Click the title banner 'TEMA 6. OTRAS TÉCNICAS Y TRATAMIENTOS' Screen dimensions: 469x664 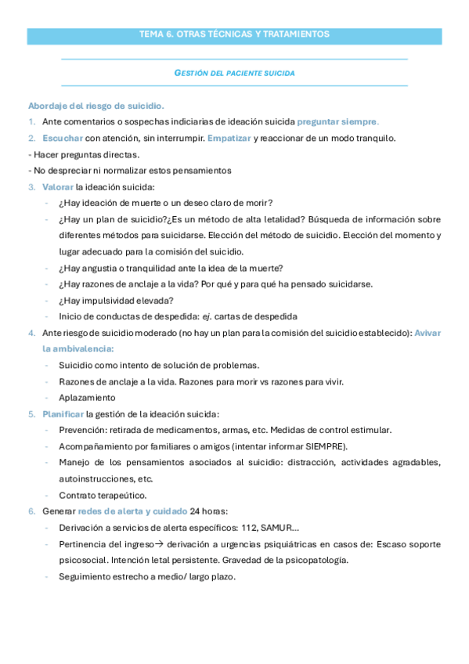click(234, 35)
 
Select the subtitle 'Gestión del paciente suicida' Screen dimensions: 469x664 click(234, 73)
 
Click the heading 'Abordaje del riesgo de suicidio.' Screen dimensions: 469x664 click(96, 106)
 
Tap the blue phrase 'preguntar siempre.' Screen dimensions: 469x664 click(338, 121)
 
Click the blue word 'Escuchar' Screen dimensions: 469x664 click(63, 138)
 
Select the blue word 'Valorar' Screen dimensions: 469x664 click(58, 186)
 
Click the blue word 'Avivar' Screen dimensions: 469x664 click(428, 333)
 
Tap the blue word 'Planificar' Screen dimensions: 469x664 click(63, 413)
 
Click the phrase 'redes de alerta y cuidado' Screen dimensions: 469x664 click(132, 511)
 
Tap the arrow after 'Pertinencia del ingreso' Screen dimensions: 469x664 click(156, 543)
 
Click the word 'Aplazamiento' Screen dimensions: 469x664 click(85, 398)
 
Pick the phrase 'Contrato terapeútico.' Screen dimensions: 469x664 click(103, 495)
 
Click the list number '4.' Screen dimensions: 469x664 click(31, 333)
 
